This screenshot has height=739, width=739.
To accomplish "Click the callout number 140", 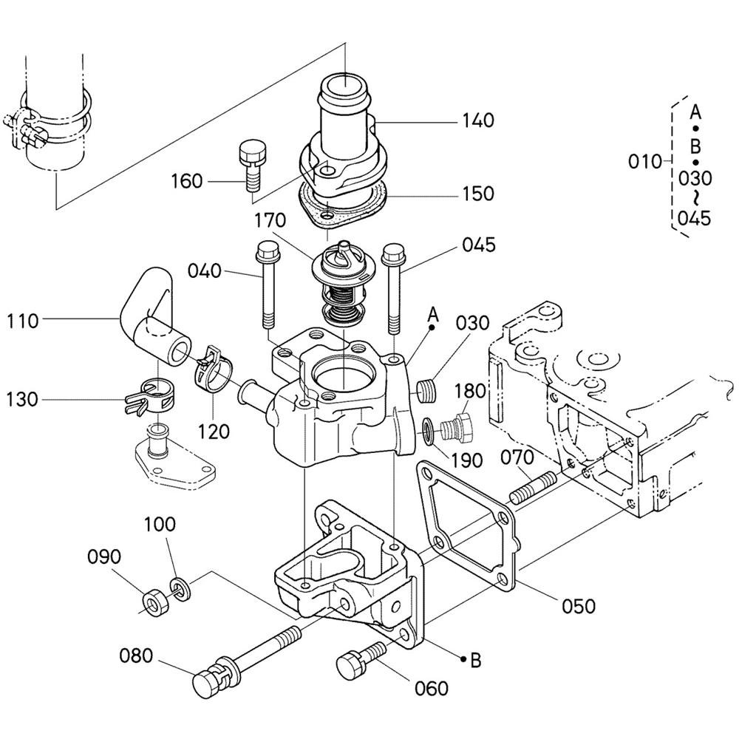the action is pyautogui.click(x=478, y=120).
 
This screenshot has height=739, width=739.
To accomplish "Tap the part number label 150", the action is pyautogui.click(x=478, y=193).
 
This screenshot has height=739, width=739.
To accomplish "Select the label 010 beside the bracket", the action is pyautogui.click(x=644, y=162).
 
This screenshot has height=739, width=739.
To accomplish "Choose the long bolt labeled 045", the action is pyautogui.click(x=394, y=287).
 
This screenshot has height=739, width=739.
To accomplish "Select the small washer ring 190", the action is pyautogui.click(x=429, y=430).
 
